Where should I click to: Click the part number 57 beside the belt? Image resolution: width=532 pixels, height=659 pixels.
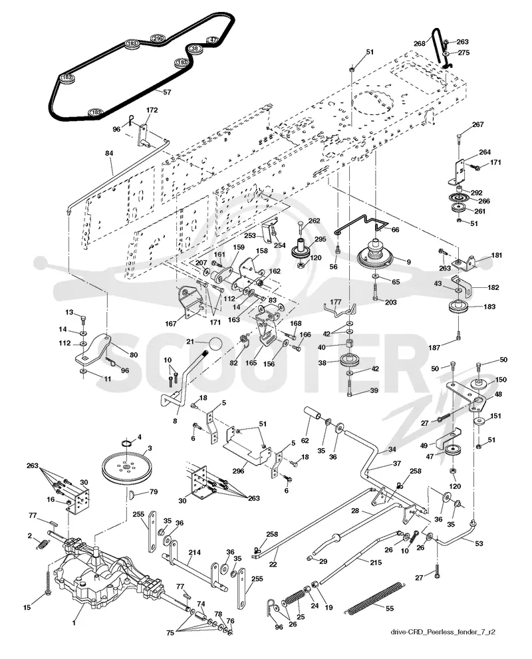click(167, 92)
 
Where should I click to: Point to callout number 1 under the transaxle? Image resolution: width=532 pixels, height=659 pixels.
click(74, 623)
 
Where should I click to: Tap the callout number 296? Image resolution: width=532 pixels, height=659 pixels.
click(238, 471)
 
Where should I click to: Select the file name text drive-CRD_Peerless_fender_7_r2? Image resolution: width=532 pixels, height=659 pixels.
click(443, 632)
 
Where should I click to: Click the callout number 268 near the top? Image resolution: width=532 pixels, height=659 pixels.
click(420, 43)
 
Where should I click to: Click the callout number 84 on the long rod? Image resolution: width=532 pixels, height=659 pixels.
click(109, 154)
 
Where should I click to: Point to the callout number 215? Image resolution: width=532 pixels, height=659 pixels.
click(376, 562)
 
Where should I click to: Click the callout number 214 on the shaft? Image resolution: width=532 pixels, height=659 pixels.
click(194, 552)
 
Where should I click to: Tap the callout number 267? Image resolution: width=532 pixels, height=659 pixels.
click(477, 124)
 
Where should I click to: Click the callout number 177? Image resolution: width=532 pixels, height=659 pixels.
click(336, 302)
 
